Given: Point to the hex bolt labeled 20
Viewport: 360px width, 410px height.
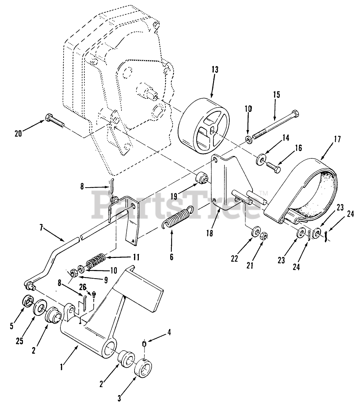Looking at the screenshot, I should point(55,120).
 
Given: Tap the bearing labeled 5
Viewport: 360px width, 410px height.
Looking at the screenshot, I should point(27,301).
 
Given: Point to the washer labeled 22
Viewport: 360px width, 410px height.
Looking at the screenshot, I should point(255,233).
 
